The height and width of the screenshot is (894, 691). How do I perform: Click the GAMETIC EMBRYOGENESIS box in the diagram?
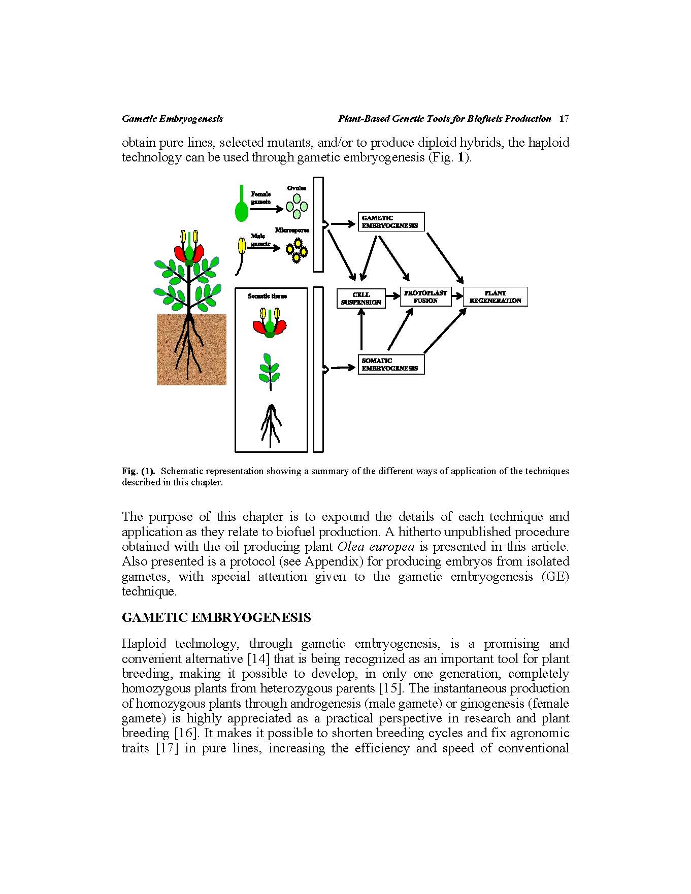[390, 222]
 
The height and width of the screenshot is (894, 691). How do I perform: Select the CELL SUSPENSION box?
[361, 299]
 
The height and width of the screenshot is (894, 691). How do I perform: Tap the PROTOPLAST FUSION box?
[425, 297]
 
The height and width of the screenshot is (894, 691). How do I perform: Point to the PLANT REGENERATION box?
[495, 297]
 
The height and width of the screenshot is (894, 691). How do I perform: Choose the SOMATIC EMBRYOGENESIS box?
[390, 365]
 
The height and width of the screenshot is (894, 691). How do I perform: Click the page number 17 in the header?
[564, 119]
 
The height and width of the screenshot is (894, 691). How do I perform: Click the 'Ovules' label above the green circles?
[297, 188]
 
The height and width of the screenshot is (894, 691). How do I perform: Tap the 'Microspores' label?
[292, 230]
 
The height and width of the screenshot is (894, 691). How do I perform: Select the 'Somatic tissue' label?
[267, 296]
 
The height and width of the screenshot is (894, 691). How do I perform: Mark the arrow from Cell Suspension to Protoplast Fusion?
[392, 296]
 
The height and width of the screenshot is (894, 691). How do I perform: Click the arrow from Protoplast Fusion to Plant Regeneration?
[457, 296]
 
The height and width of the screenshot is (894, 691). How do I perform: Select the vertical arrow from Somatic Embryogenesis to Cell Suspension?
[361, 330]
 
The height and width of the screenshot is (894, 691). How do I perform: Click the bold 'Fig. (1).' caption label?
[138, 471]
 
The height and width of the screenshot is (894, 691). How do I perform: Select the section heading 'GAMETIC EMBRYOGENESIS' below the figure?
[216, 618]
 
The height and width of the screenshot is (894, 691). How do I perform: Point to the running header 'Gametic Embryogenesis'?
[172, 119]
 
